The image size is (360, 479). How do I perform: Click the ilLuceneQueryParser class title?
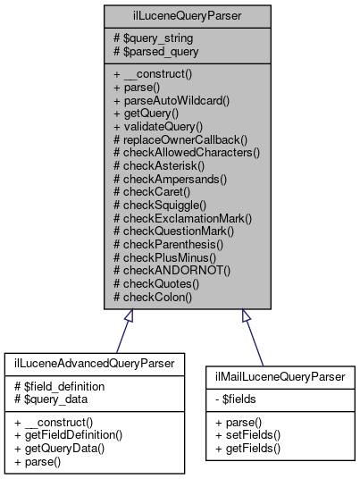[180, 15]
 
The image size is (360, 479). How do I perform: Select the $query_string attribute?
[155, 38]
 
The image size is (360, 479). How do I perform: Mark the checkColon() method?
[153, 294]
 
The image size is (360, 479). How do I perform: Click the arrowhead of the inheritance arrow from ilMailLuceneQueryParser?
[246, 315]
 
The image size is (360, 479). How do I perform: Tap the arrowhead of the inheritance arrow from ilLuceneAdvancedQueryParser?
[130, 315]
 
